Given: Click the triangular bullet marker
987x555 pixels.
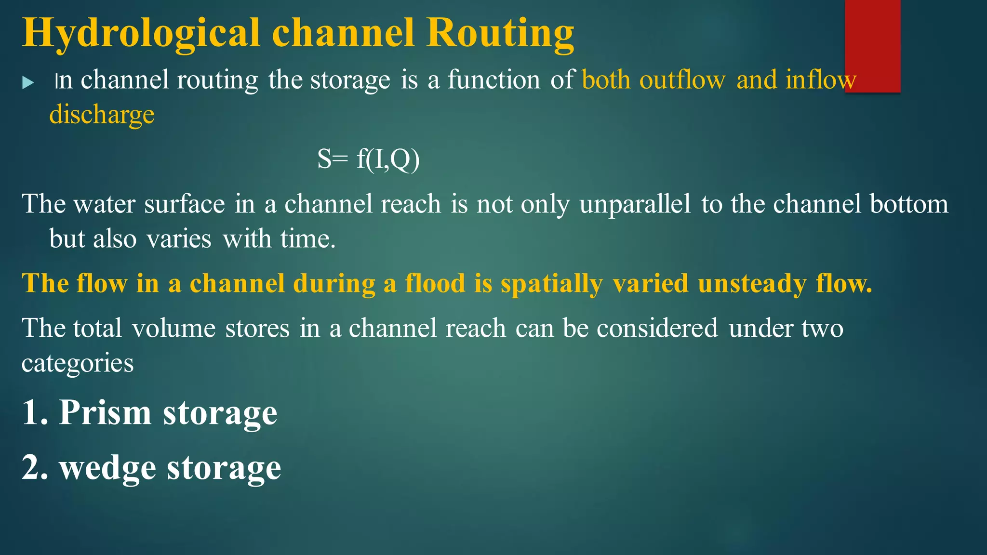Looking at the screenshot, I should [x=28, y=82].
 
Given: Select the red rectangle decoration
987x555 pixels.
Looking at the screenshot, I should [x=872, y=46].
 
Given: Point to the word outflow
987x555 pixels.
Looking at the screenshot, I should [x=682, y=79].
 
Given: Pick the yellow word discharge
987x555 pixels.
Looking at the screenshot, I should [x=102, y=115].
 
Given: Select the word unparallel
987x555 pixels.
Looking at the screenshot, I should [x=635, y=204].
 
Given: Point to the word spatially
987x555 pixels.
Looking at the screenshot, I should [x=551, y=284].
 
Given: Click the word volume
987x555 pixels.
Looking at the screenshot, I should [x=173, y=328].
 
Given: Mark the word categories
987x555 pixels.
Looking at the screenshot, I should [x=78, y=363].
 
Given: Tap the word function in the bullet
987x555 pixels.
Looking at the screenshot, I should [x=494, y=79].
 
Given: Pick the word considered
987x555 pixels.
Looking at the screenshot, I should [x=657, y=328].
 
